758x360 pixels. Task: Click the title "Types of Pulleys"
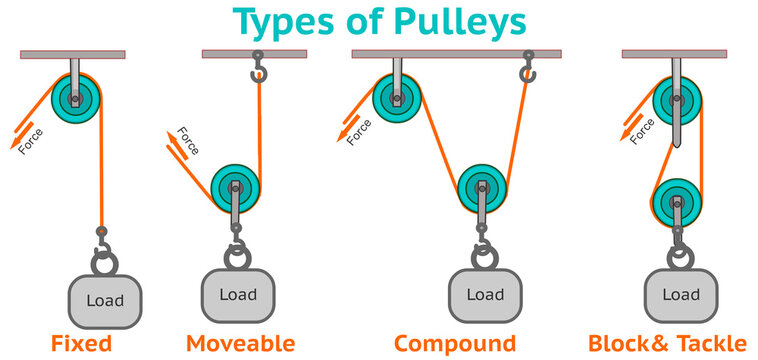coord(379,21)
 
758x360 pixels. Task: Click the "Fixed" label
coord(81,344)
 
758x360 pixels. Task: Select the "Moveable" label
coord(240,344)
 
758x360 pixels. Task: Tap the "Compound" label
coord(455,344)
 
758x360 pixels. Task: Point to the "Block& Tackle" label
coord(667,344)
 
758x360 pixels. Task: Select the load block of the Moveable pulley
coord(236,295)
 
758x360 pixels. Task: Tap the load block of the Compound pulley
coord(485,295)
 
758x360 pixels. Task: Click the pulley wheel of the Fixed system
coord(76,97)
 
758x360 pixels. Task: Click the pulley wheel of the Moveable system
coord(236,187)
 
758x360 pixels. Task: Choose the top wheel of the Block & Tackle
coord(677,101)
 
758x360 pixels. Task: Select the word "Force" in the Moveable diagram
coord(187,141)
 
